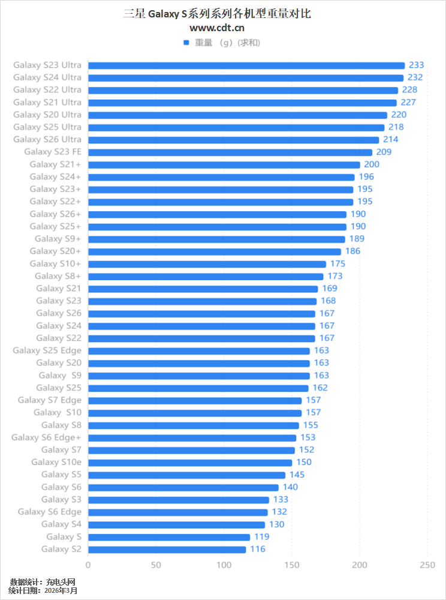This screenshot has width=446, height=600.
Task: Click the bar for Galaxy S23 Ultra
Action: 246,65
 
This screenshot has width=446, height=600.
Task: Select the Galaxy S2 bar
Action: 167,549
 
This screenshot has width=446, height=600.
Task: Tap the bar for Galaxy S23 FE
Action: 230,152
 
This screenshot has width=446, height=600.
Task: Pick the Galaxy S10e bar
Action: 190,463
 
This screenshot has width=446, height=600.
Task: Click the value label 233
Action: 416,65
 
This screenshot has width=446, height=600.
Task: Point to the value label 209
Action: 384,152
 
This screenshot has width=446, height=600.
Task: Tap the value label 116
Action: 258,549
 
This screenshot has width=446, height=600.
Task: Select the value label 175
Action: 338,264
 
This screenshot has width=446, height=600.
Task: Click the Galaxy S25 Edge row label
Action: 47,350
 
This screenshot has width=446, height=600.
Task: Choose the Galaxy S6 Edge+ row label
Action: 46,437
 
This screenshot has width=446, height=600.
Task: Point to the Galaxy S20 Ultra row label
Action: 47,115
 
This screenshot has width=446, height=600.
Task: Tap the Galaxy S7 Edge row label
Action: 49,400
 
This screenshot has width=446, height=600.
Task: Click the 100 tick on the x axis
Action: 224,565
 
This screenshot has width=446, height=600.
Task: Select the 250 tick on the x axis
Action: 427,565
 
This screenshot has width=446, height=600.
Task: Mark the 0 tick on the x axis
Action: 88,565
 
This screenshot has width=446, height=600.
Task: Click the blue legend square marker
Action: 186,43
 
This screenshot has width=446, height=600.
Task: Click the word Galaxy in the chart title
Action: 162,13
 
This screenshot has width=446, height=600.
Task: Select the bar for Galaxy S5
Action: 186,475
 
